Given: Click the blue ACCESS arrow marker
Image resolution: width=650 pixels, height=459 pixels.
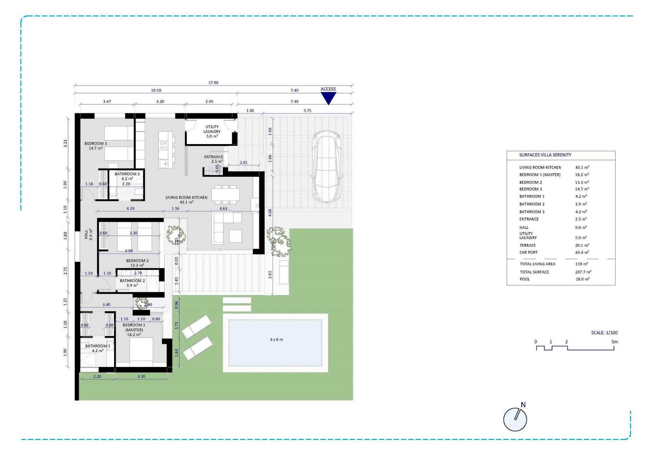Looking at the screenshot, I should tap(328, 98).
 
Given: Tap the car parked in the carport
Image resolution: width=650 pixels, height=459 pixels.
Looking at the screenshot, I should tap(326, 167).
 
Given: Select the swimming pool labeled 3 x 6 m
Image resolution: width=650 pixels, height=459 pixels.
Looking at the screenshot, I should tap(275, 343).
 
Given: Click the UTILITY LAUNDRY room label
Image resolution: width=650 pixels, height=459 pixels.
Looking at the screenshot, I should tap(212, 132).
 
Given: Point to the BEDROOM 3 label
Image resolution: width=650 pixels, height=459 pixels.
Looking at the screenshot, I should tap(95, 146).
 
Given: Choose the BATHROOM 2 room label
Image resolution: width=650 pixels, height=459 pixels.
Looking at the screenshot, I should tap(132, 283).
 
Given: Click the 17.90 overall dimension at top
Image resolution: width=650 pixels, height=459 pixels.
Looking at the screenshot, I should tap(213, 83).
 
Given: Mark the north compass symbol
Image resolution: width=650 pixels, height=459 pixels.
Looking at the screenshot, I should tap(515, 419).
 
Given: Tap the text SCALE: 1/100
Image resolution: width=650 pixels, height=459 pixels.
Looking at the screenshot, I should tap(604, 333).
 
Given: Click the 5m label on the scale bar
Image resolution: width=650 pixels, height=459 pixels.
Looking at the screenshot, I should tap(614, 342).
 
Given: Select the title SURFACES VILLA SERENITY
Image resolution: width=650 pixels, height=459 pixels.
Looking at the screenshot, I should tap(545, 155).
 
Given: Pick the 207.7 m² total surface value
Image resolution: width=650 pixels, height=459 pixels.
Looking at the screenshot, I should tap(583, 272).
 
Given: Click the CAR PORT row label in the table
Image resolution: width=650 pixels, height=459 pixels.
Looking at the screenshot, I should tap(528, 253).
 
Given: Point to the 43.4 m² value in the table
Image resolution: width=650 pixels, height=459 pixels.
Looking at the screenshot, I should tap(582, 253).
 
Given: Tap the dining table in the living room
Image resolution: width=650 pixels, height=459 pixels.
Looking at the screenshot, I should tap(226, 195).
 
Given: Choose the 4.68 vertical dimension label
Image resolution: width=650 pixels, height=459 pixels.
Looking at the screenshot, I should tap(270, 213).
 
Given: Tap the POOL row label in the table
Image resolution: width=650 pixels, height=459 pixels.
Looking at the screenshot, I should tap(524, 279).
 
